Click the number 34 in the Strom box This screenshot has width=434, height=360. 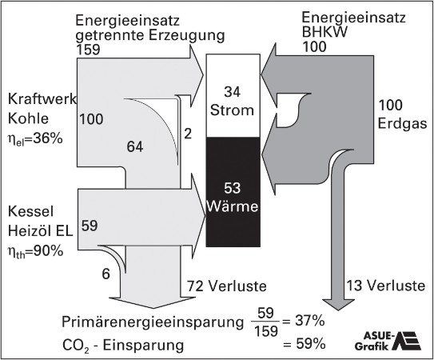coord(233,92)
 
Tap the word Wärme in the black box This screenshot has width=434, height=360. coord(233,206)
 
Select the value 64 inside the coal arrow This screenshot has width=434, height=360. coord(135,146)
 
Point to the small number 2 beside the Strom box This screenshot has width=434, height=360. coord(188,134)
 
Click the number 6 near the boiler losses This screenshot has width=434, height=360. coord(106,274)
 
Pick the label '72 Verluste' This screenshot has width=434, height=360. coord(227,286)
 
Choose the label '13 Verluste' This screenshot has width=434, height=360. coord(386,286)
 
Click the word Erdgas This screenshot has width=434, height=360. coord(402,124)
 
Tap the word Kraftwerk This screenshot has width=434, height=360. coord(42,99)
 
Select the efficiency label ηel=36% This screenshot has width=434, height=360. coord(35,138)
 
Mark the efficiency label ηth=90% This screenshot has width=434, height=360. coord(35,252)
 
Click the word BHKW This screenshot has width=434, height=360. coord(325,32)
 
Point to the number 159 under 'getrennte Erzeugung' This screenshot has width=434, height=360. coord(88,50)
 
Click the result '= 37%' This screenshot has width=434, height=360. coord(304,322)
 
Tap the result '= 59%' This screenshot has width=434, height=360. coord(304,345)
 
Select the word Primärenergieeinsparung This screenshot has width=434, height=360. coord(153,322)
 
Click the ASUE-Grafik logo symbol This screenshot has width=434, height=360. coord(407,341)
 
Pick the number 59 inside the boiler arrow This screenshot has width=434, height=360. coord(90,226)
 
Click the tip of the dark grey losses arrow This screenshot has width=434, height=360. coord(338,310)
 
